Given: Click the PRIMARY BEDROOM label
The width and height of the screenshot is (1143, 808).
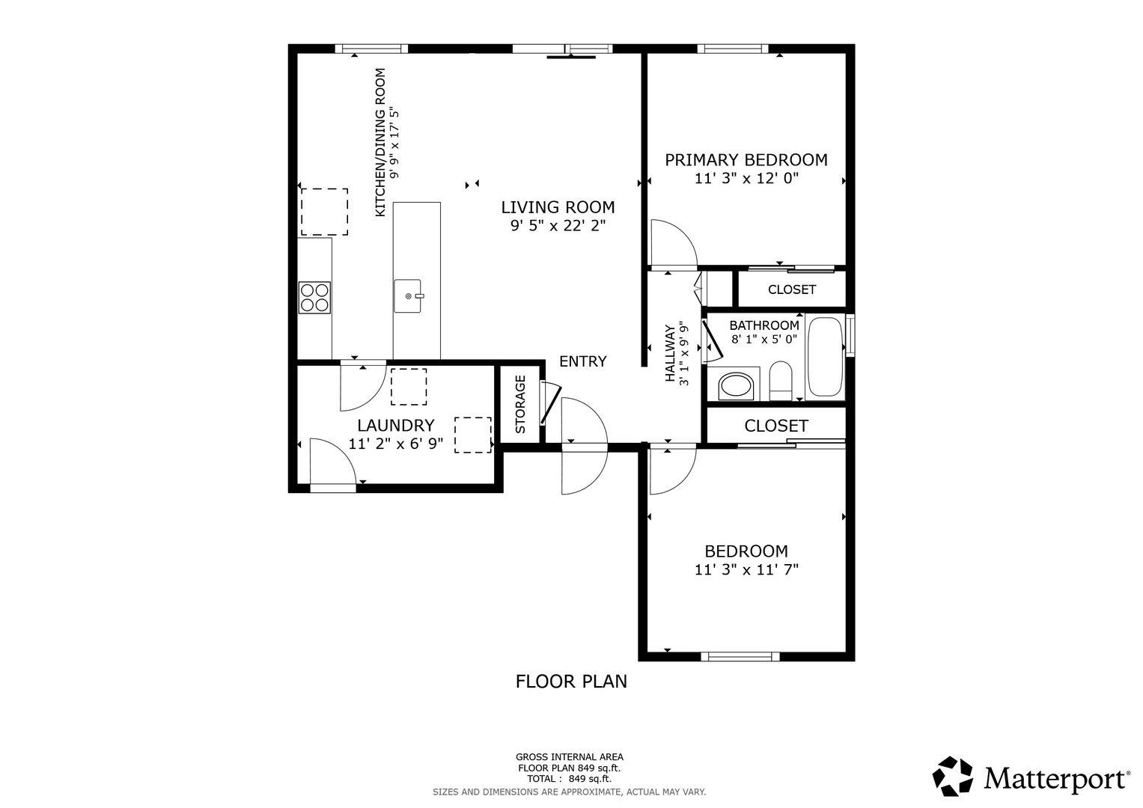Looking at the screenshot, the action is (x=746, y=160).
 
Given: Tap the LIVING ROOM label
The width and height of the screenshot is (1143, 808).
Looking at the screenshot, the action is (x=558, y=207).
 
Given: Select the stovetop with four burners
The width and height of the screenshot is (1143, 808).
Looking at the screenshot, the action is (x=314, y=298).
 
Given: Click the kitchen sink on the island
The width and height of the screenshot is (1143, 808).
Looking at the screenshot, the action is (x=408, y=296).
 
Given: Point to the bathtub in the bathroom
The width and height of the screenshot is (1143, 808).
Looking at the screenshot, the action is (x=825, y=357).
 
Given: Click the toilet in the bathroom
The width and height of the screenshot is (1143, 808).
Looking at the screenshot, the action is (x=780, y=381).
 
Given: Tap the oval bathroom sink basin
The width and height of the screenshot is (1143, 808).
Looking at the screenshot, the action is (x=736, y=386).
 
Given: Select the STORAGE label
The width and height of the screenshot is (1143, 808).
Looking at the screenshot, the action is (x=520, y=405).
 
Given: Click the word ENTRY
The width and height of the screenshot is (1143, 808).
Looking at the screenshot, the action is (x=582, y=361).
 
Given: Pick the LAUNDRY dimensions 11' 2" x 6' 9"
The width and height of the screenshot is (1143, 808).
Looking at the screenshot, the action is (x=395, y=444).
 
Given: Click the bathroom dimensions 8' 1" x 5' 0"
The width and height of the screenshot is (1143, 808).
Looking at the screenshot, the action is (x=763, y=339).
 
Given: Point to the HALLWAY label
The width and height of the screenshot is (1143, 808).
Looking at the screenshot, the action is (x=670, y=353).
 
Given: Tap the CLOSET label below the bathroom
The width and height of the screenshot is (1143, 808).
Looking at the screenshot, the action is (x=776, y=426).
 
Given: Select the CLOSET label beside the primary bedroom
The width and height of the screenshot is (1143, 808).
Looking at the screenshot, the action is (x=791, y=290).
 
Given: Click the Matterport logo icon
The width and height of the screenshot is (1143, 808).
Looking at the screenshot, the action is (x=953, y=776).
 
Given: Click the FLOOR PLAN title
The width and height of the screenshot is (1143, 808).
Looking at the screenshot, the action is (x=571, y=682).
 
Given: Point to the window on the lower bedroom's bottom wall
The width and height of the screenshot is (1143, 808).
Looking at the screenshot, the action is (x=740, y=657).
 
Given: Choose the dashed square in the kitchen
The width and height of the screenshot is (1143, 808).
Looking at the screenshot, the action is (x=325, y=212).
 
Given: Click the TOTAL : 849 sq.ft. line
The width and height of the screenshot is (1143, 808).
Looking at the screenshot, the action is (x=569, y=779).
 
